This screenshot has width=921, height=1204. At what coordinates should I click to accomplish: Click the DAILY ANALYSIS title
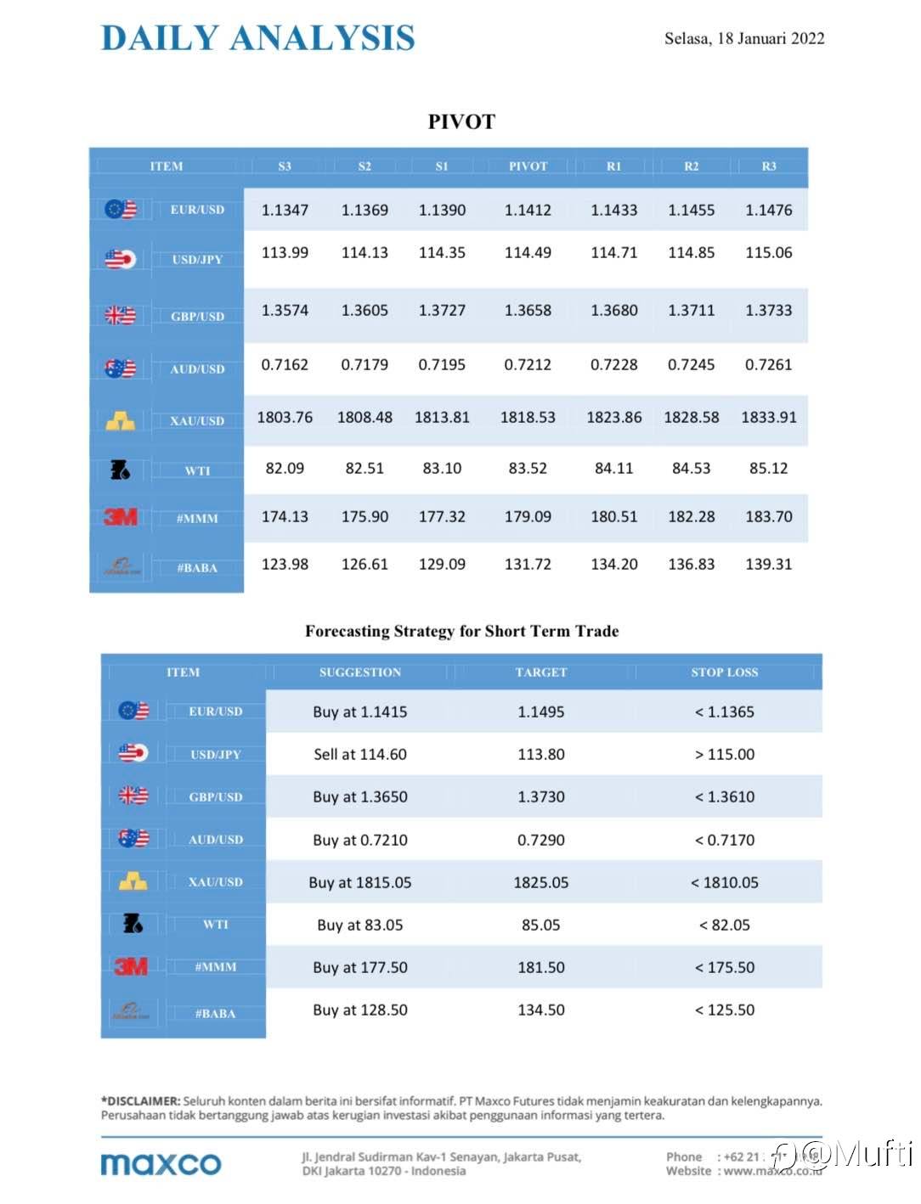click(257, 38)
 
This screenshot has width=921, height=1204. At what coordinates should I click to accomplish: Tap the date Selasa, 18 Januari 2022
click(743, 38)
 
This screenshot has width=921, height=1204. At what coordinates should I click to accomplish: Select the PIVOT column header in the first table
click(528, 166)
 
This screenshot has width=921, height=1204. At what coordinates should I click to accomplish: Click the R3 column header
click(768, 166)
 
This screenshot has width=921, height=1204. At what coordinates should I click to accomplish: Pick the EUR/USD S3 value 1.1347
click(285, 210)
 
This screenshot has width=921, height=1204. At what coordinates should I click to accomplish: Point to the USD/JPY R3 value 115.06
click(768, 252)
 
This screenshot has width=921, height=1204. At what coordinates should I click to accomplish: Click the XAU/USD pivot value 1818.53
click(528, 417)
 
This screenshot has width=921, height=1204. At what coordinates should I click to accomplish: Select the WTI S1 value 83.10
click(442, 468)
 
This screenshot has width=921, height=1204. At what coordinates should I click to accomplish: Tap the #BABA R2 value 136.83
click(691, 564)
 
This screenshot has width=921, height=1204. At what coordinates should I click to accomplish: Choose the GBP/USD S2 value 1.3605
click(364, 310)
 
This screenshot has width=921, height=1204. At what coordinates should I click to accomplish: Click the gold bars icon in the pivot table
click(120, 420)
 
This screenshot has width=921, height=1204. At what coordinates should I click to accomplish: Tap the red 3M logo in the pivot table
click(120, 516)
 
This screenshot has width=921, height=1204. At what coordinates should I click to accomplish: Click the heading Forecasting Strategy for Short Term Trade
click(461, 631)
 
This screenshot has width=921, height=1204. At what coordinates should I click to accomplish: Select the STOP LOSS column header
click(724, 672)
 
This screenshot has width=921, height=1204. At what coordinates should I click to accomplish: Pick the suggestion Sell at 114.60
click(360, 754)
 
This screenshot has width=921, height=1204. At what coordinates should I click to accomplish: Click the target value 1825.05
click(540, 882)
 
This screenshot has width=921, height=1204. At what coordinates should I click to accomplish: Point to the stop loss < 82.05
click(724, 925)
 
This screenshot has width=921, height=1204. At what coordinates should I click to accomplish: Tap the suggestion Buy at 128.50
click(360, 1010)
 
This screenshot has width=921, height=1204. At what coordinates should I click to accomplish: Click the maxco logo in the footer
click(161, 1163)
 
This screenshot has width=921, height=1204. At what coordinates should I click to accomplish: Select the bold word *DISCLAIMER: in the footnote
click(140, 1100)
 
